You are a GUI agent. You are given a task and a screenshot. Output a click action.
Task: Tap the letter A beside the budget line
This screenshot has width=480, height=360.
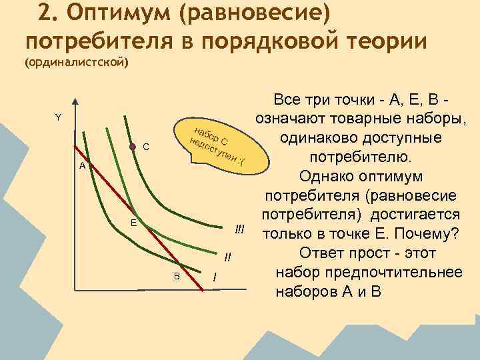(81, 165)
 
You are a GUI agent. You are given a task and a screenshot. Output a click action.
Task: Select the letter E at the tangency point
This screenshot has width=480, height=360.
(133, 223)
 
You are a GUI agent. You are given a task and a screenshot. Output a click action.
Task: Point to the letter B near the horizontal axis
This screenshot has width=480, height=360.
(177, 276)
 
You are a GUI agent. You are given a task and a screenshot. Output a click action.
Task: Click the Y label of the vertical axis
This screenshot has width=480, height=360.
(58, 117)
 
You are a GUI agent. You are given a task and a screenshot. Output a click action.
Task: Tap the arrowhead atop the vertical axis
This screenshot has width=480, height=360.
(75, 103)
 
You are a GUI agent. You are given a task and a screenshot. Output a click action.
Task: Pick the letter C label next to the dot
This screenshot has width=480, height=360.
(146, 146)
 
